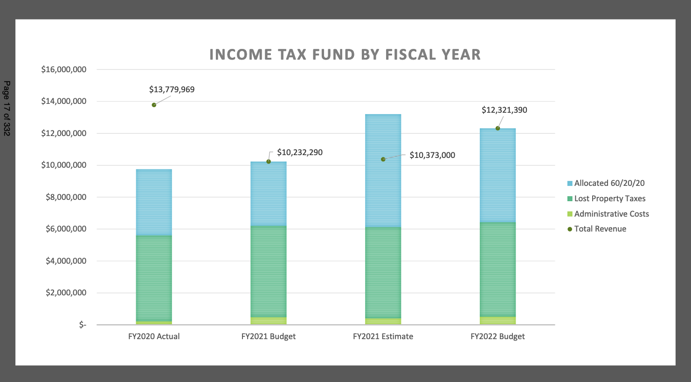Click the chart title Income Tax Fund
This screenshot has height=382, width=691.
click(x=345, y=55)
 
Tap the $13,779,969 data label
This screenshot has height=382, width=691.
click(x=172, y=89)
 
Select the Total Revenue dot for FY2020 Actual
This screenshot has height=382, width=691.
click(x=154, y=105)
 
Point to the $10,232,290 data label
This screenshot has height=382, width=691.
click(x=300, y=152)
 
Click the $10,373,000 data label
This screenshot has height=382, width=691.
click(x=432, y=155)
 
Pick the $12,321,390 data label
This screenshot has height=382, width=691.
click(x=504, y=110)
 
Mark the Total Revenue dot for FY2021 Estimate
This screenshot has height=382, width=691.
click(x=383, y=159)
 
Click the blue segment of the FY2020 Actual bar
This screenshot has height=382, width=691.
click(x=154, y=202)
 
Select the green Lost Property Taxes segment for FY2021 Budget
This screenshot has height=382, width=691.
click(x=269, y=272)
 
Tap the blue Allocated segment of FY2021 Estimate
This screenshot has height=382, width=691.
click(x=383, y=171)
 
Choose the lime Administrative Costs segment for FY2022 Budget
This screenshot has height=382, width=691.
click(x=498, y=321)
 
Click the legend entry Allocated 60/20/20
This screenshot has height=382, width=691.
click(x=606, y=183)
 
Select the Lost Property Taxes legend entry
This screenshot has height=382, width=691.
click(x=606, y=198)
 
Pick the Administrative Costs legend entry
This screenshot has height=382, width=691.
click(x=608, y=214)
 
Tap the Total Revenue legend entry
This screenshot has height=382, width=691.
click(x=597, y=229)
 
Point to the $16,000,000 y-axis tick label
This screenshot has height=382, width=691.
click(x=64, y=70)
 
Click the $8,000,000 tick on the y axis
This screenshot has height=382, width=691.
click(x=66, y=198)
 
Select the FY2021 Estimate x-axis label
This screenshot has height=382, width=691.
click(x=383, y=336)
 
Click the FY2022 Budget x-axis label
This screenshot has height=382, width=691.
click(x=498, y=336)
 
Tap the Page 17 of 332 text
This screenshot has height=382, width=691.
click(x=7, y=108)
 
